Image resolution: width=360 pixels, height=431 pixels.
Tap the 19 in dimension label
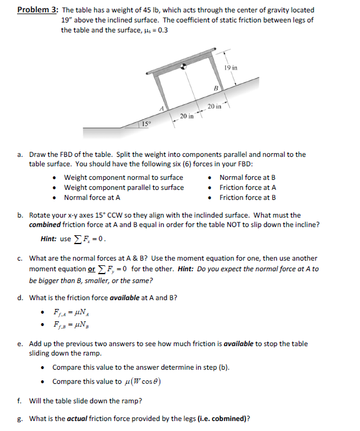(232, 68)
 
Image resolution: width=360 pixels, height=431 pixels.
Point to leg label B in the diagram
(216, 88)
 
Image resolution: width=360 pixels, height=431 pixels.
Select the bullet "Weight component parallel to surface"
(124, 187)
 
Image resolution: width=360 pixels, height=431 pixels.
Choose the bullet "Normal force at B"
(247, 177)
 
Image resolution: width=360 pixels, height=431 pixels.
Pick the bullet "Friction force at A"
(247, 187)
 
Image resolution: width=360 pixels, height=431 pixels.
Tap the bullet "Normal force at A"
(92, 198)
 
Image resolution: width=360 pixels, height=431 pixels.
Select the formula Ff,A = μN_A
(70, 312)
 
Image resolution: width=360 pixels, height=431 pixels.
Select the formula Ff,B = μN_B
(70, 324)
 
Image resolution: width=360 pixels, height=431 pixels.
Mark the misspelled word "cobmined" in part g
(229, 419)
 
